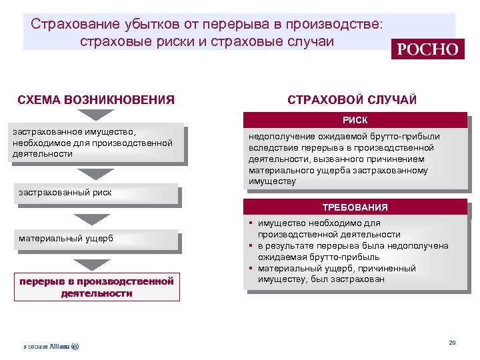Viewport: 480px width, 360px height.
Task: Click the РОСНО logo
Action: [428, 49]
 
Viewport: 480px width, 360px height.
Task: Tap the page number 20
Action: [452, 343]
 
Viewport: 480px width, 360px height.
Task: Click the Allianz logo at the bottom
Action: [51, 347]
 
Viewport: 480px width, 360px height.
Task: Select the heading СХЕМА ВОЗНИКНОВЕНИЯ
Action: [96, 100]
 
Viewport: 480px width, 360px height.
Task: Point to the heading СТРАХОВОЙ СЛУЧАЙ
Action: [352, 100]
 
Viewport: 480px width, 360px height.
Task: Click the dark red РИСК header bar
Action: [355, 120]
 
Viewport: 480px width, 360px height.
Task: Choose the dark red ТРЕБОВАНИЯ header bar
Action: [355, 207]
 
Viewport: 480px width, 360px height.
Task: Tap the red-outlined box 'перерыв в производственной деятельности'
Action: [97, 287]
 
